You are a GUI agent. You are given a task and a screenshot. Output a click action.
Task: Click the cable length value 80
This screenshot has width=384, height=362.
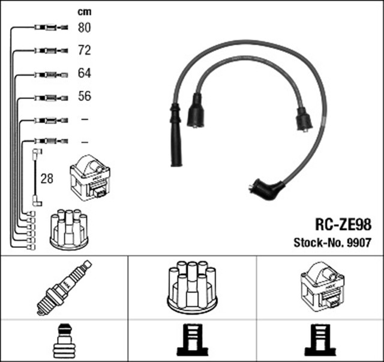[85, 28]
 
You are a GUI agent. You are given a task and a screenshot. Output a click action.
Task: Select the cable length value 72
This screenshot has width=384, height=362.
[85, 50]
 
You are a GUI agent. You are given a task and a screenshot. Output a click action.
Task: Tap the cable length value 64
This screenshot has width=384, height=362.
[85, 73]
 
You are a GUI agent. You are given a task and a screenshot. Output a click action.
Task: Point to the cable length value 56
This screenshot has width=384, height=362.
[85, 96]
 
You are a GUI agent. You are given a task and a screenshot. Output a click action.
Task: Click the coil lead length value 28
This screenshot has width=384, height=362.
[46, 179]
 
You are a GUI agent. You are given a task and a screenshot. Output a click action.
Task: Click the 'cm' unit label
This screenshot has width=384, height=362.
[84, 11]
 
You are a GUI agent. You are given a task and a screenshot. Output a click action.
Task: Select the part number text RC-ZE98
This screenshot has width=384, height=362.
[343, 225]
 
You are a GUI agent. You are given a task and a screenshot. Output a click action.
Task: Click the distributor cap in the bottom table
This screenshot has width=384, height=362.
[192, 286]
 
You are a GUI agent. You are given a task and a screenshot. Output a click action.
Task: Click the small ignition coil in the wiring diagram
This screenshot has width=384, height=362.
[91, 178]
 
